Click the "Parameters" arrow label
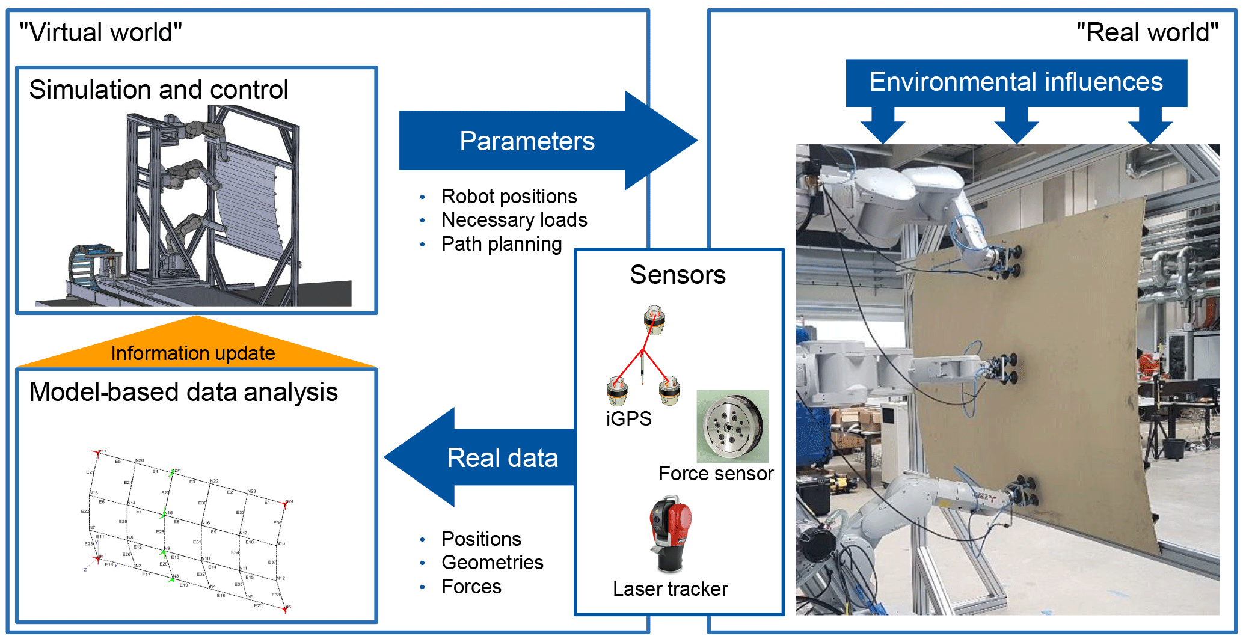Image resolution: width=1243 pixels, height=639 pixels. (x=527, y=141)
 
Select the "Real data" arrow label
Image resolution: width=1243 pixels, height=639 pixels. (x=502, y=458)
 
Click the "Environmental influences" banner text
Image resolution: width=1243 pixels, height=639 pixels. (x=1016, y=82)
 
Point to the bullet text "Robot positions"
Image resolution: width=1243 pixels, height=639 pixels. (x=509, y=197)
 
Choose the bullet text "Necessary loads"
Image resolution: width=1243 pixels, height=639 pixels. (x=514, y=220)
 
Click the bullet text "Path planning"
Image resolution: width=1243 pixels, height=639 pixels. (x=502, y=244)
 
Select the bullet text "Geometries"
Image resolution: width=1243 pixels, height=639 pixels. (x=492, y=563)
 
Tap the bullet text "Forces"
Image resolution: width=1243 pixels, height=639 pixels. (x=471, y=587)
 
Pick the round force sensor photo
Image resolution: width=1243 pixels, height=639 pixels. (x=732, y=426)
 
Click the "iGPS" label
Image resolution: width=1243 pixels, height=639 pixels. (x=628, y=418)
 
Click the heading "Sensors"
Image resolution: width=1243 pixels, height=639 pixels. (x=678, y=275)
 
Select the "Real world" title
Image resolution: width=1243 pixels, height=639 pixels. (x=1147, y=32)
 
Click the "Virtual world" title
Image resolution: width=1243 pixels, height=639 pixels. (x=100, y=32)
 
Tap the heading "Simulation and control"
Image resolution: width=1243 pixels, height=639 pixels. (x=159, y=90)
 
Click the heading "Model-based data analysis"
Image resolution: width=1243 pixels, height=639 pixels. (x=183, y=392)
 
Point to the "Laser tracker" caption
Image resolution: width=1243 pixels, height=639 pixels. (x=670, y=589)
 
